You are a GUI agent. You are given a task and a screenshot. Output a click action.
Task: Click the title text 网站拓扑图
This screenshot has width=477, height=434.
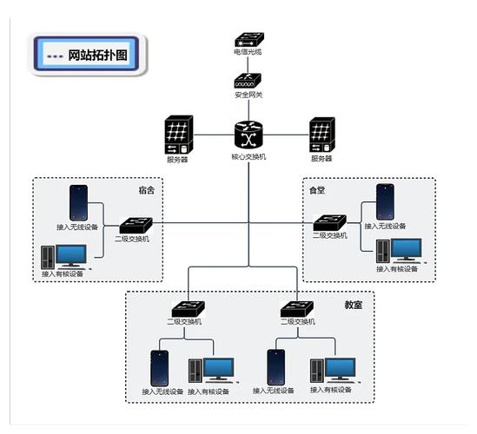click(x=97, y=56)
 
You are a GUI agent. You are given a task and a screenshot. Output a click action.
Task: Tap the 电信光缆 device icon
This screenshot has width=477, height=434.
click(x=248, y=40)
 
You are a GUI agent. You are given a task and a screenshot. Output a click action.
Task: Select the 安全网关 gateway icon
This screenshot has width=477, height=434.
click(x=248, y=81)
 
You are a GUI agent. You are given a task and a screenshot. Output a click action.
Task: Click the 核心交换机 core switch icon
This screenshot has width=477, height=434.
click(x=248, y=136)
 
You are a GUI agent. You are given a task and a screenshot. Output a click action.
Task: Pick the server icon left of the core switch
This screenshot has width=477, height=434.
click(x=179, y=135)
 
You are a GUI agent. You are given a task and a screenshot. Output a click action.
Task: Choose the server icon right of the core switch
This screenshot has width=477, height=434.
click(x=322, y=135)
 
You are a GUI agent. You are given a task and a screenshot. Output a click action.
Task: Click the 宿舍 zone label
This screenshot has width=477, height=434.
click(x=147, y=190)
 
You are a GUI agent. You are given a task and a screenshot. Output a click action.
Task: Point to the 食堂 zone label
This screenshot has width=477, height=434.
click(x=317, y=190)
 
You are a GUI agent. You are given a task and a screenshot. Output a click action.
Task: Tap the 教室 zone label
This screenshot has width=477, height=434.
click(x=353, y=305)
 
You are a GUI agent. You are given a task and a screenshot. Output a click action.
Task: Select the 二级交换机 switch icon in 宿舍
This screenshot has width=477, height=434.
click(x=136, y=226)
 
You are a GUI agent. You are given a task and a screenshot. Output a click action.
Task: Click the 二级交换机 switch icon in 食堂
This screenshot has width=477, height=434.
click(x=330, y=223)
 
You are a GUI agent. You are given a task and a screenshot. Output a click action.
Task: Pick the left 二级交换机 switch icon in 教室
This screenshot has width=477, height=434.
click(x=188, y=309)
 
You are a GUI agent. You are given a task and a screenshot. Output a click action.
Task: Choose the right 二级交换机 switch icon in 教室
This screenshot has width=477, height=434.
click(x=296, y=309)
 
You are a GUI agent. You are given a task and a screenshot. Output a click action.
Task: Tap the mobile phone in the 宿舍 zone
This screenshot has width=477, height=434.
click(x=78, y=203)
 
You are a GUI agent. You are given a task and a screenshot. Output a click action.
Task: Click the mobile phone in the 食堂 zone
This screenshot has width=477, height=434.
click(x=385, y=201)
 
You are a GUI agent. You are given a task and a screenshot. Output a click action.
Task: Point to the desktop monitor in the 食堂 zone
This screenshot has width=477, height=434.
click(x=406, y=250)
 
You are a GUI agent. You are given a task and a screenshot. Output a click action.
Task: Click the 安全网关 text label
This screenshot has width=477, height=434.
click(x=248, y=95)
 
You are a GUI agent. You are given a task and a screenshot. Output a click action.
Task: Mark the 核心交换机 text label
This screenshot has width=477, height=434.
click(x=248, y=157)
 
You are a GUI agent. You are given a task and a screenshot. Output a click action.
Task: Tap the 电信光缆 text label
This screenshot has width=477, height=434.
click(x=248, y=52)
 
